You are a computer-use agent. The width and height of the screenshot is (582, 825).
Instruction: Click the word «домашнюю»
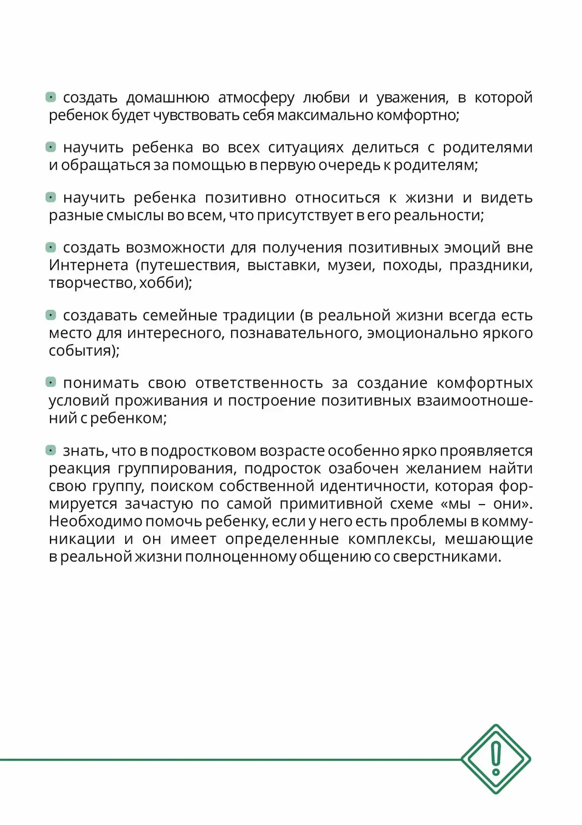coord(168,98)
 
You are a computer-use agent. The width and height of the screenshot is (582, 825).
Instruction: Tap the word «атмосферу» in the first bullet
coord(256,98)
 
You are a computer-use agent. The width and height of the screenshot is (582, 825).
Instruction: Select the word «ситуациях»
coord(305,148)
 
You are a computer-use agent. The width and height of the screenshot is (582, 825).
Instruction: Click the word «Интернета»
coord(89,265)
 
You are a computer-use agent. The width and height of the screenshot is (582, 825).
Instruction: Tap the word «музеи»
coord(351,265)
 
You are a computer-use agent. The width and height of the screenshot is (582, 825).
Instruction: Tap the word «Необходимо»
coord(95,521)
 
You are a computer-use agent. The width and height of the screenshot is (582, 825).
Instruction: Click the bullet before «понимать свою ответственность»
coord(51,382)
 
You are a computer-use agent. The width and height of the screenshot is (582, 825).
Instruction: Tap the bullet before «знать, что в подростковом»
coord(51,450)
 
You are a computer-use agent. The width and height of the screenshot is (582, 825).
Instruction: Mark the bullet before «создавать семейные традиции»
coord(51,315)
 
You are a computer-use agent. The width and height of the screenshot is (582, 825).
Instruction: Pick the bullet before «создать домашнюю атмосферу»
coord(51,97)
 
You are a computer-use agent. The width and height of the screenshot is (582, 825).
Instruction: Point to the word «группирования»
coord(177,468)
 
